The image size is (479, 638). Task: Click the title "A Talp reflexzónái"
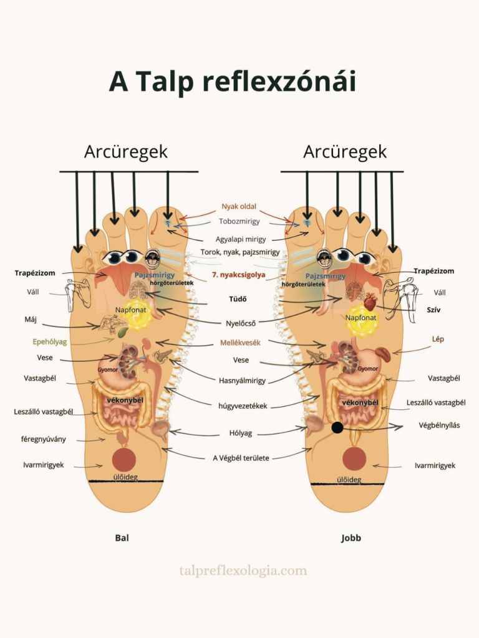[x=232, y=81]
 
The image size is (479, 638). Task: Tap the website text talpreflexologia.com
[x=243, y=570]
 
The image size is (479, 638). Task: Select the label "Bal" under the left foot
[x=123, y=537]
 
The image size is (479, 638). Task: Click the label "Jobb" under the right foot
[x=351, y=537]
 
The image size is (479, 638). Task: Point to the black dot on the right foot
[x=337, y=427]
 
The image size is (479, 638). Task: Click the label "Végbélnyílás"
[x=440, y=426]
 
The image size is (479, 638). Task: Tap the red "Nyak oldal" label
[x=239, y=206]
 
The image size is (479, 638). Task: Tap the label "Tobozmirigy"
[x=239, y=221]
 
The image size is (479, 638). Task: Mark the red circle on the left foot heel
[x=123, y=459]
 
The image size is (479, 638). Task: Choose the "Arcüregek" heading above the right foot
[x=345, y=151]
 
